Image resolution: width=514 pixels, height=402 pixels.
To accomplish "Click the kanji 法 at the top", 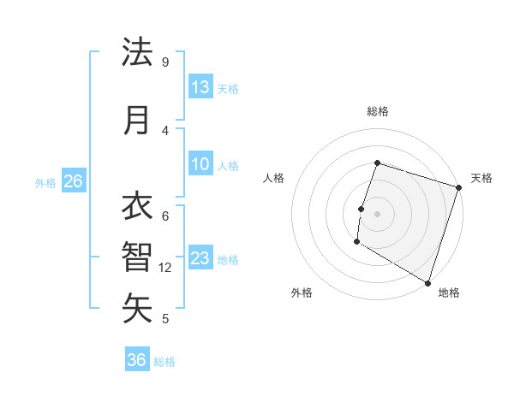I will pos(137,53).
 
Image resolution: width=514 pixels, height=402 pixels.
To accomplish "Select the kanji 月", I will pos(137,121).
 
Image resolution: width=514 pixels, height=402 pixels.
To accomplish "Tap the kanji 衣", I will pos(137,207).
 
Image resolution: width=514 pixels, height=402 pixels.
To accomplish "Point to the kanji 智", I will pos(137,257).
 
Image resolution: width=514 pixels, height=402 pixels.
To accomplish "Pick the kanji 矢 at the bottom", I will pos(137,308).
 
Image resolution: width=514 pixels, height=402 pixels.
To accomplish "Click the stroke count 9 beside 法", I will pos(165,62).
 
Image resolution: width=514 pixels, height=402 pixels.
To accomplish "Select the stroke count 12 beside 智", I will pos(166,268).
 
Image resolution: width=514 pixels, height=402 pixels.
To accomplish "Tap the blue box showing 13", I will pos(200,87).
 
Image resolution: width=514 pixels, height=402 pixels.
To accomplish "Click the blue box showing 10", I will pos(200,164).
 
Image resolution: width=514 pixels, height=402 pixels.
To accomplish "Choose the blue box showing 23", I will pos(200,258).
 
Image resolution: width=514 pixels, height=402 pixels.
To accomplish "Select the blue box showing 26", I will pos(74,181).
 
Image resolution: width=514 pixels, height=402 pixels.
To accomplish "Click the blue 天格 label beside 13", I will pos(228,89).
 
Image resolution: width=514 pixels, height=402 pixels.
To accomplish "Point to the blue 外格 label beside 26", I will pos(45,182).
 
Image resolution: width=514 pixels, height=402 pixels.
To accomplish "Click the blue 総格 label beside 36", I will pos(164,362).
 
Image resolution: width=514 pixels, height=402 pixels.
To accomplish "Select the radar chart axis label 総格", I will pos(377,111).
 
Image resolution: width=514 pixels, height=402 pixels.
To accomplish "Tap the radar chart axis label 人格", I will pos(274,178).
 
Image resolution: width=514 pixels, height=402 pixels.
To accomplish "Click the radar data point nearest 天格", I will pos(458,187).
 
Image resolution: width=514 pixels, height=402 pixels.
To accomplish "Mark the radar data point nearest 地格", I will pos(427,282).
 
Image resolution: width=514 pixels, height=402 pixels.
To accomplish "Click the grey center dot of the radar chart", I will pos(377,213).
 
